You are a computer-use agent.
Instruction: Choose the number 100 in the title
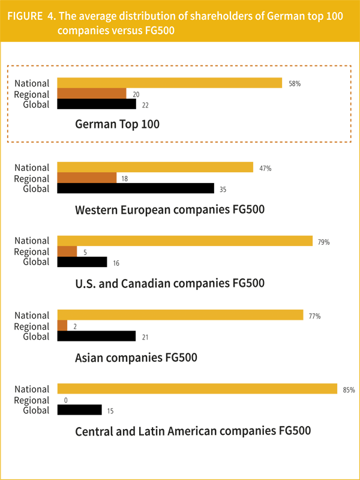pos(332,17)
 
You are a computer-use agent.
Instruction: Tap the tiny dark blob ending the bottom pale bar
pos(349,390)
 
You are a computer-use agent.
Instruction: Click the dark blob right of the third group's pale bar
pos(329,242)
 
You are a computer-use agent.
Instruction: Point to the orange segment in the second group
pos(84,178)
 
